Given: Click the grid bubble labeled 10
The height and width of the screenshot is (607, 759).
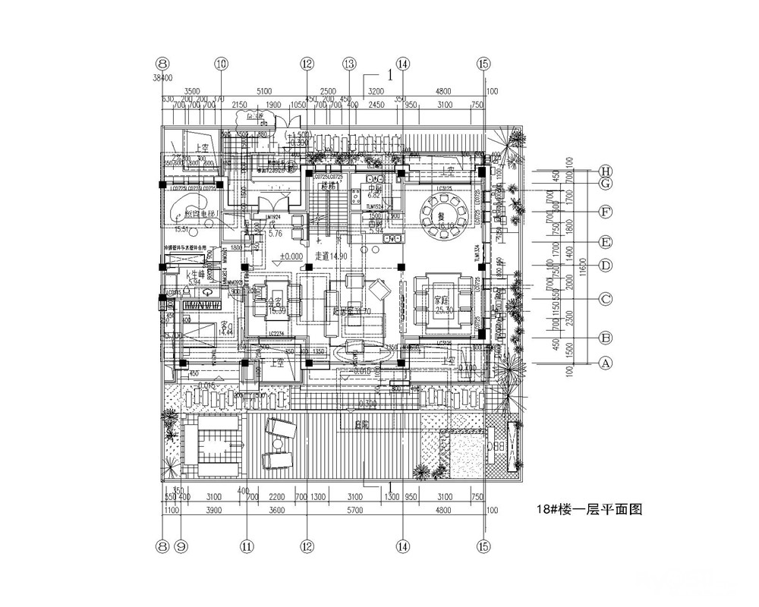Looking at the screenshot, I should point(221,64).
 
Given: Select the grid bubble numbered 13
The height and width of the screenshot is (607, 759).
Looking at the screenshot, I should point(349,64).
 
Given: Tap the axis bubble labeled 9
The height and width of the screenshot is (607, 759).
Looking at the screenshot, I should point(181,544).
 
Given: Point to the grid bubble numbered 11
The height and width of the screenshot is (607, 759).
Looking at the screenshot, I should point(247,544).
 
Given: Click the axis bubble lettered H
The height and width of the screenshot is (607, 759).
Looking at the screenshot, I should point(606,171).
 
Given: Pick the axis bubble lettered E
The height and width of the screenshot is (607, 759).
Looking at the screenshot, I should point(606,243).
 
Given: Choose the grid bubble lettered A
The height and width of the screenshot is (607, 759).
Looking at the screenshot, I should point(606,363).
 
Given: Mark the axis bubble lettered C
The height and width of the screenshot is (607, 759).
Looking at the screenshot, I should point(606,299).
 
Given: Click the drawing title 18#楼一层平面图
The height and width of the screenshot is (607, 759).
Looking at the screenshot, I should point(588,510).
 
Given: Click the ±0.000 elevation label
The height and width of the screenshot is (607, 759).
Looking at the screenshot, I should point(292,256).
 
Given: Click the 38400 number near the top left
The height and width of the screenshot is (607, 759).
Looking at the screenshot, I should point(162,77).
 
